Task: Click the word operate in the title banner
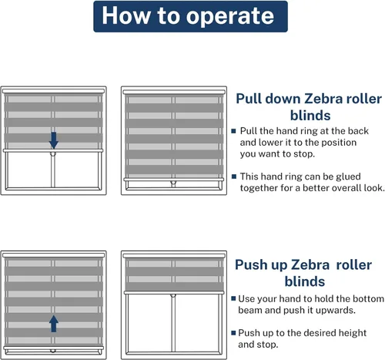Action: click(x=230, y=17)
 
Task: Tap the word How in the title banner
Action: click(x=126, y=15)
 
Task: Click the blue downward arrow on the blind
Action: click(x=54, y=140)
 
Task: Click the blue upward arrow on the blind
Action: click(x=54, y=324)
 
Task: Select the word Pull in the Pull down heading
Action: click(x=249, y=99)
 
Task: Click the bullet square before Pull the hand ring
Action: click(x=233, y=131)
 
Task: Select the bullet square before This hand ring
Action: click(x=234, y=177)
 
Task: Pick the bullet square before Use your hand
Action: click(x=233, y=298)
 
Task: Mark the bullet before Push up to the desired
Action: click(x=233, y=333)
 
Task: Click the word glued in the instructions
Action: click(x=348, y=177)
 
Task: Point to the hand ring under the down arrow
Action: click(x=53, y=154)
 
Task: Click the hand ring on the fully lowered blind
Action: click(x=173, y=183)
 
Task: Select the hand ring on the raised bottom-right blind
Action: click(x=173, y=296)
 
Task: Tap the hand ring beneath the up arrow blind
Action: click(x=53, y=351)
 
